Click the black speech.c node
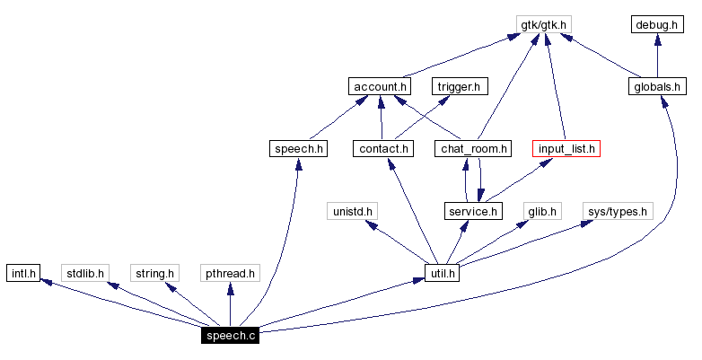(230, 336)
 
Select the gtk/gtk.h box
(543, 24)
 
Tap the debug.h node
(657, 24)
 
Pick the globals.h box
(657, 86)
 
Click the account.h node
(379, 86)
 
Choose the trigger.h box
(459, 86)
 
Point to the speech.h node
(296, 148)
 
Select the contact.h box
(382, 148)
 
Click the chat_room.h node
(473, 148)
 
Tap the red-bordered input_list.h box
(566, 148)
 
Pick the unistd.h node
(352, 211)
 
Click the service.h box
(472, 211)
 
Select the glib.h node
(542, 211)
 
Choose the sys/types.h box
(617, 211)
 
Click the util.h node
(441, 273)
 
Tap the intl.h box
(22, 273)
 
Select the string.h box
(154, 273)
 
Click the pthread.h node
(230, 273)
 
